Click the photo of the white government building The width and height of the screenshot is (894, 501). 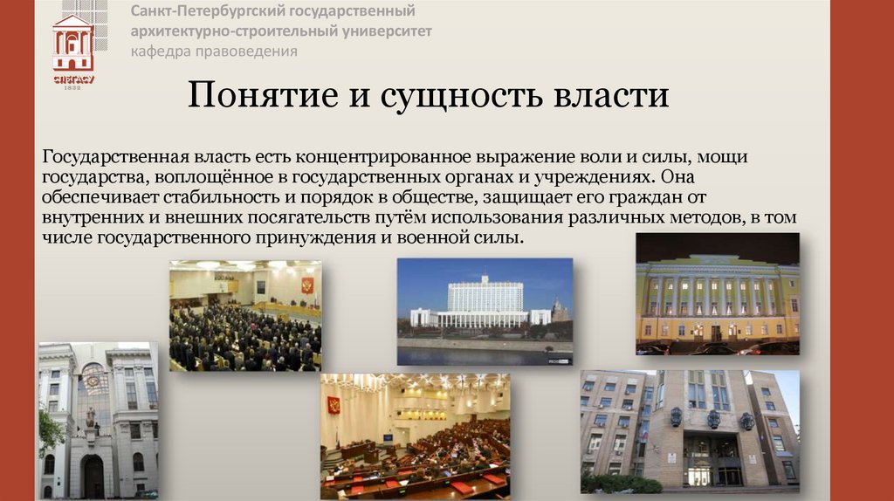tap(485, 311)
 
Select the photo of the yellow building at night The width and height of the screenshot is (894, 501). tap(717, 293)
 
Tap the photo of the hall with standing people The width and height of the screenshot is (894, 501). tap(244, 315)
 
